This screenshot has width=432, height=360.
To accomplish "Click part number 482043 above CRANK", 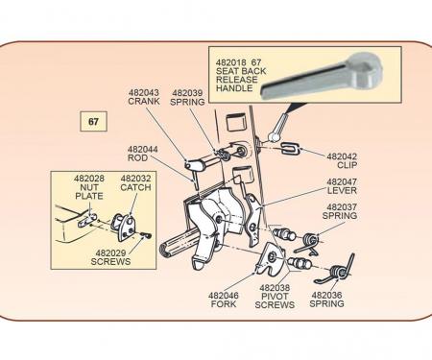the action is coord(143,92).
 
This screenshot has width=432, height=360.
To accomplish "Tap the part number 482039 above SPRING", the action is coord(187,93).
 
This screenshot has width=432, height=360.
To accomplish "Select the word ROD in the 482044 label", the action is coord(137,158).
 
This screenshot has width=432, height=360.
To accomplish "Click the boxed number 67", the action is coord(93,122).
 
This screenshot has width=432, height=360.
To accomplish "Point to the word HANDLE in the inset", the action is coord(234,88).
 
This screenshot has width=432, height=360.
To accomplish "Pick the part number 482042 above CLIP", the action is coord(342,156).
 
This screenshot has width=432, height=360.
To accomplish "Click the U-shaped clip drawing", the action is coord(291,149).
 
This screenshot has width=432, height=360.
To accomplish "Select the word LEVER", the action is coord(342,191).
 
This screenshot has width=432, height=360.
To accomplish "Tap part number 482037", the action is coord(342,207).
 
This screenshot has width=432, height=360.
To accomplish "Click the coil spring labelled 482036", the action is coord(336,271).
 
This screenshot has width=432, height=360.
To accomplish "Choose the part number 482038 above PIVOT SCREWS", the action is coord(275,288).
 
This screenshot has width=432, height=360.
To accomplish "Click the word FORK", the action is coord(224,303).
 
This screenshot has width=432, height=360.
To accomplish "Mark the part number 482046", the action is coord(224,296).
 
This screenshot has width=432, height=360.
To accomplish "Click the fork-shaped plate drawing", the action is coord(271,258).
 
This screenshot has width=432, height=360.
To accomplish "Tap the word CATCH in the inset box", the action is coord(135,187).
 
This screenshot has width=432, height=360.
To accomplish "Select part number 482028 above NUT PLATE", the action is coord(89,179).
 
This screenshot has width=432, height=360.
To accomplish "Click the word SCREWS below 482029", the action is coord(110,261).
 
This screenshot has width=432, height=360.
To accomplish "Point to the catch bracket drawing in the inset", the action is coord(124,227).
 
